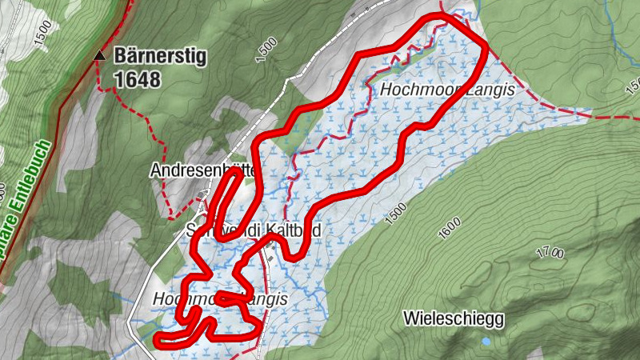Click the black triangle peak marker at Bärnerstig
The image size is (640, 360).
pos(100,56)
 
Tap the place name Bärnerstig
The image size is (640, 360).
pos(161,56)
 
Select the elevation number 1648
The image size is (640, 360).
pos(137,79)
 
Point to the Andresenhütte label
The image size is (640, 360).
pos(200,170)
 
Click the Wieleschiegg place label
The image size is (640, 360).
pos(454,319)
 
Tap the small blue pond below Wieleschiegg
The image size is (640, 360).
pos(486,342)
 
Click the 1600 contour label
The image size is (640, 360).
pos(450,229)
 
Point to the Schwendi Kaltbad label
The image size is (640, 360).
pos(254,230)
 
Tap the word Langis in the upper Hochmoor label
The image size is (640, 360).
pos(493,90)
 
